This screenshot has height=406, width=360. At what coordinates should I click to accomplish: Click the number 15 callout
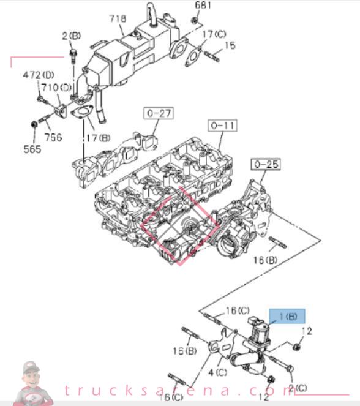[x=230, y=45]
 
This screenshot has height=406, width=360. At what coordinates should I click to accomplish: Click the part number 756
[x=53, y=138]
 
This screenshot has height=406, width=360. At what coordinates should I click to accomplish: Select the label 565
[x=32, y=149]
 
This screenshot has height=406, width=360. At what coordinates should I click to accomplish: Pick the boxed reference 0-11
[x=223, y=126]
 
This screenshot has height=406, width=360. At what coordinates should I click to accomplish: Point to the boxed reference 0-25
[x=264, y=164]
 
